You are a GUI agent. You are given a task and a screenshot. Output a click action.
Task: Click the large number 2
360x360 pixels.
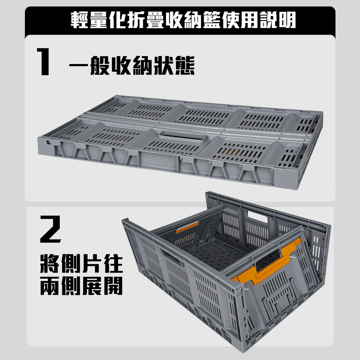[x=51, y=229]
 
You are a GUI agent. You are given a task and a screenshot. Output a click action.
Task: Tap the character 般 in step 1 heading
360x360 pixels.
[x=100, y=66]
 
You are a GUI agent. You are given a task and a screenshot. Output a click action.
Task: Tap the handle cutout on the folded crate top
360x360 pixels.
[x=182, y=136]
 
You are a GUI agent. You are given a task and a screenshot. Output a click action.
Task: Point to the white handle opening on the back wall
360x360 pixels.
[x=257, y=217]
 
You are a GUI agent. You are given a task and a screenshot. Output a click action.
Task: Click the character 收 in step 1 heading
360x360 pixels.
[x=121, y=66]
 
